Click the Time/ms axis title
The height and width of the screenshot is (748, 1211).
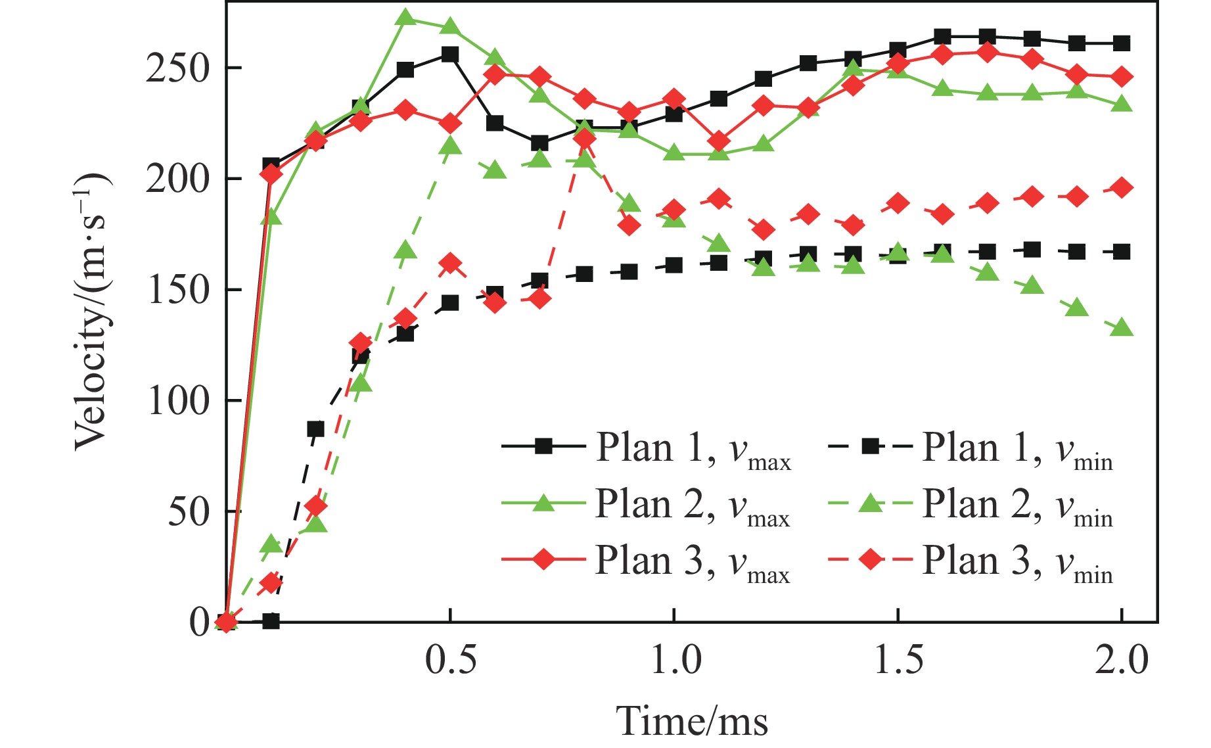tap(692, 720)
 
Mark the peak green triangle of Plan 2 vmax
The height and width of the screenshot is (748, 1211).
tap(405, 18)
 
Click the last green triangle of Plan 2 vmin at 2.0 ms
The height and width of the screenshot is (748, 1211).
tap(1122, 327)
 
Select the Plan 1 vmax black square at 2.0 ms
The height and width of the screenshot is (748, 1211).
tap(1122, 43)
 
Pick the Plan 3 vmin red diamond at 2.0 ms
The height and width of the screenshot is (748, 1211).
tap(1122, 188)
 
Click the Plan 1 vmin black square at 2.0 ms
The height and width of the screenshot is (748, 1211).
tap(1122, 252)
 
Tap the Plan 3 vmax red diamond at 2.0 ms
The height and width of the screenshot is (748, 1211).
tap(1122, 77)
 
